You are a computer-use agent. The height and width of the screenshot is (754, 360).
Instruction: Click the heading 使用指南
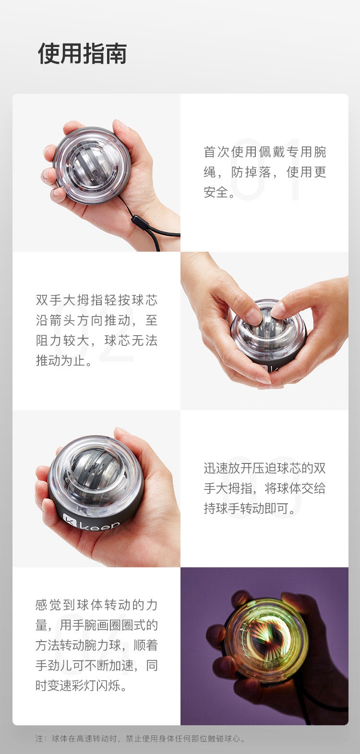pos(83,53)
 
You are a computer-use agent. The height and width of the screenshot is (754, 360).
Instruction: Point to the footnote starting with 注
pos(141,739)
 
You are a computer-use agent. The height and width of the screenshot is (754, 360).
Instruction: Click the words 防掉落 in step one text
pos(251,172)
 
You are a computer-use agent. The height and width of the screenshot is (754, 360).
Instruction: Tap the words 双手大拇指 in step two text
pos(70,300)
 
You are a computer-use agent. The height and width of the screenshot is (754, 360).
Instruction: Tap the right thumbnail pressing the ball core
pos(278,310)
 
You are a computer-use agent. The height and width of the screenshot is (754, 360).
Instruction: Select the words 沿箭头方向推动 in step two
pos(83,320)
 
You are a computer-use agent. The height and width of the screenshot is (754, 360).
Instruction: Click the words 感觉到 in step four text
pos(56,605)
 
